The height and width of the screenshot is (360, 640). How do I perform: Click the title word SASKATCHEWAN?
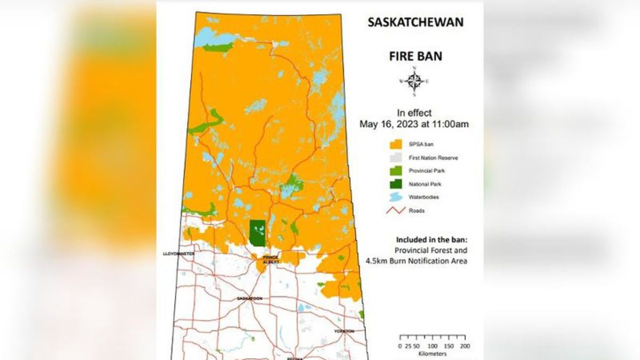[x=415, y=23]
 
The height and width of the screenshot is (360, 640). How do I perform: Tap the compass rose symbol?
[x=414, y=82]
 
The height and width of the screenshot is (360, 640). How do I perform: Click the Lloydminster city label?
[x=179, y=254]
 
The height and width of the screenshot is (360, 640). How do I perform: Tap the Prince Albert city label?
[x=270, y=259]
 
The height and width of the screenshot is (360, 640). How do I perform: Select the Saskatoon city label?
[x=249, y=299]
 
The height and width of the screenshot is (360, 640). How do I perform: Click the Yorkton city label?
[x=344, y=331]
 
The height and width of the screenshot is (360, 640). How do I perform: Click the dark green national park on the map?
[x=258, y=232]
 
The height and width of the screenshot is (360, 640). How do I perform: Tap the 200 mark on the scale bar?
[x=465, y=346]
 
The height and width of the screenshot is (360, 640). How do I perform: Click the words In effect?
[x=414, y=113]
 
